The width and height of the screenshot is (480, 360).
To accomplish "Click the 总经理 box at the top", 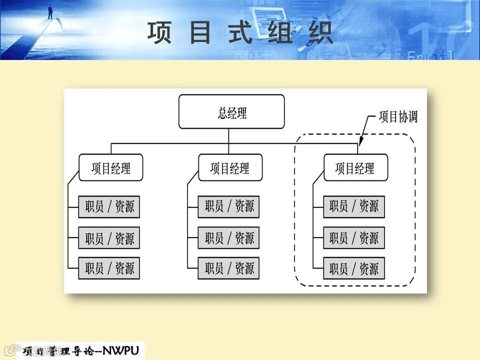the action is [x=231, y=112].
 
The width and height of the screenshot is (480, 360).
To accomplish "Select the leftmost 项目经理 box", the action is [x=111, y=167].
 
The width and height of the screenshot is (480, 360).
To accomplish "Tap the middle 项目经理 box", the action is [x=230, y=167].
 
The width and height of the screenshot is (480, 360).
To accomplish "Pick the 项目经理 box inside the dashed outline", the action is [x=355, y=167].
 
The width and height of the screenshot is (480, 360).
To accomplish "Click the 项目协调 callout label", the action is [x=397, y=117].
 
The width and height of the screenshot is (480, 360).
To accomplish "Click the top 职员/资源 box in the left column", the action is [x=109, y=207].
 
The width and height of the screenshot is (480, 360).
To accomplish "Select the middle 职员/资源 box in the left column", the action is [x=109, y=237].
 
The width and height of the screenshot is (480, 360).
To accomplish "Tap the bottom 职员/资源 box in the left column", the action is [x=109, y=268].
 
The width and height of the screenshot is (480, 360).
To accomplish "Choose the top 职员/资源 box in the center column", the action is [x=229, y=207].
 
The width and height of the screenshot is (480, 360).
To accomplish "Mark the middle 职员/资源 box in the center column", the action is [x=229, y=237].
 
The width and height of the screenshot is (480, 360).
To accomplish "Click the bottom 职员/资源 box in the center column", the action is [x=229, y=268].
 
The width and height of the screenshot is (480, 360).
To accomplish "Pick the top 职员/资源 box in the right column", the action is [x=354, y=207].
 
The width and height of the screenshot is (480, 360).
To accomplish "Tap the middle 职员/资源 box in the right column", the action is [x=354, y=237].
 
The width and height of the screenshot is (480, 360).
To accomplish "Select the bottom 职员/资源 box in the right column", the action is [x=354, y=268].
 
